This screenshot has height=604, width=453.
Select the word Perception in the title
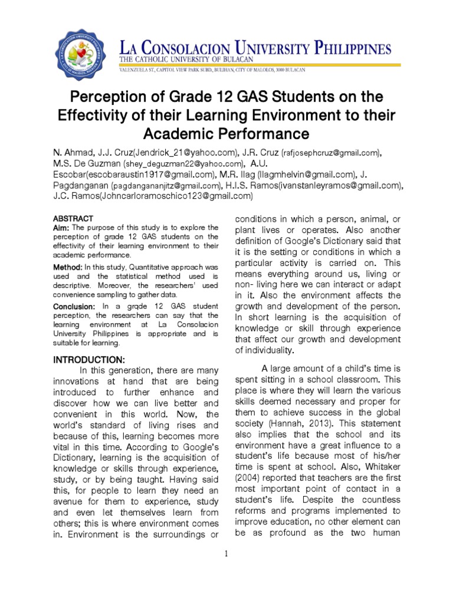click(x=109, y=97)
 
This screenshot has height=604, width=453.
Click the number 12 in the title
click(x=209, y=97)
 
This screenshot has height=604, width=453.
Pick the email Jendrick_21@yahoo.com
click(x=188, y=152)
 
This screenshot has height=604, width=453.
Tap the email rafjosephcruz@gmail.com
click(x=330, y=153)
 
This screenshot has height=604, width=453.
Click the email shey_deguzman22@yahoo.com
click(x=183, y=163)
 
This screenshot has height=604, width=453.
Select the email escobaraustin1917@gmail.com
click(x=151, y=175)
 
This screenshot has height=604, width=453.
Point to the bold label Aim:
click(x=61, y=228)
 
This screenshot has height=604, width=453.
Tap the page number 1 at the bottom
click(x=226, y=554)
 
